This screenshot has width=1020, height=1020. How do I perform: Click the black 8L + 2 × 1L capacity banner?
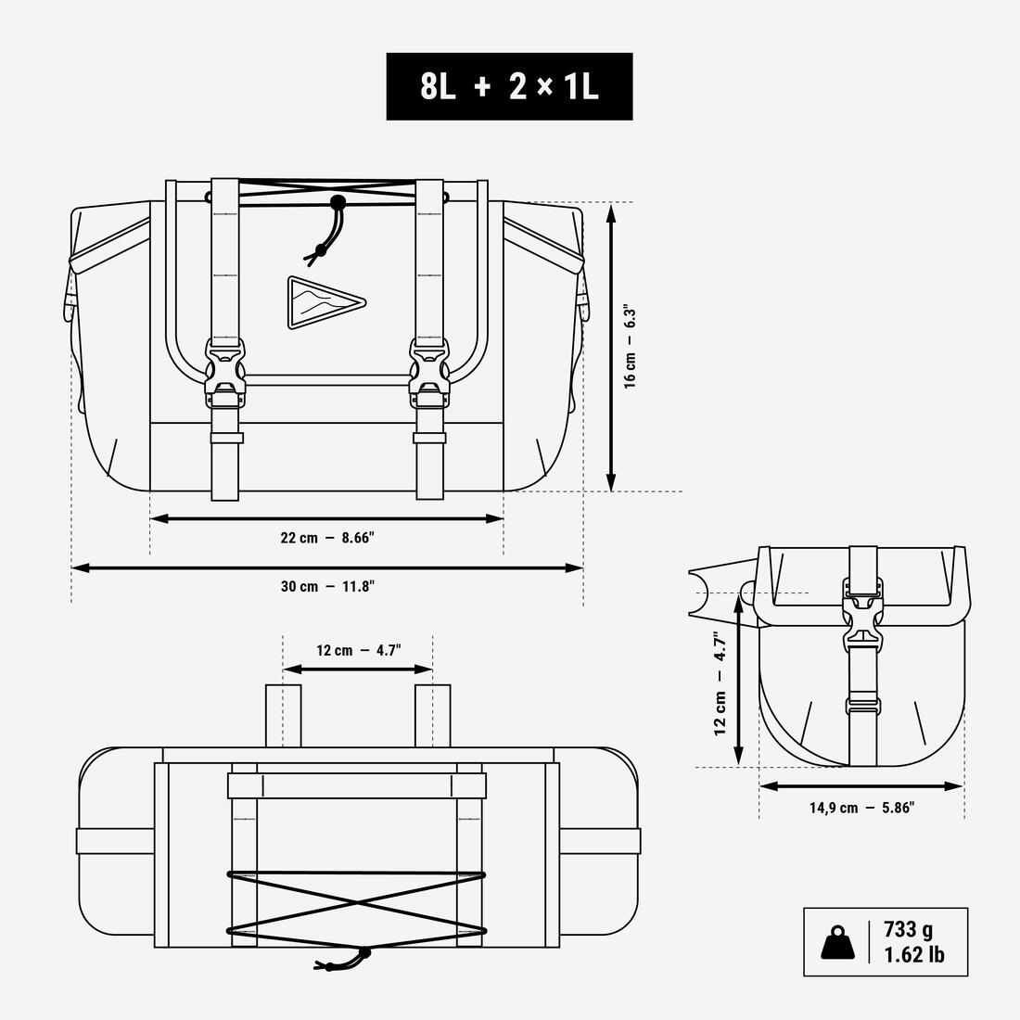[509, 86]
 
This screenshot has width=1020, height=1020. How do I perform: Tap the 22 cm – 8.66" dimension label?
[328, 538]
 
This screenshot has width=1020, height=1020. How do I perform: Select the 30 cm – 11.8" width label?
[328, 586]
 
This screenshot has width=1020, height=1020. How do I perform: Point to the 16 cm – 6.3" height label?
[630, 346]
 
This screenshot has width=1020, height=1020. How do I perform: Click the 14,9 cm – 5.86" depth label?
[862, 808]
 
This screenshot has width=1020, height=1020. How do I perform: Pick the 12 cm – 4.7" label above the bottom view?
[359, 651]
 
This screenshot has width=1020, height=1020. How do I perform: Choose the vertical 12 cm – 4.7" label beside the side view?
[720, 683]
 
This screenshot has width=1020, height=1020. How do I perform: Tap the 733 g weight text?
[908, 929]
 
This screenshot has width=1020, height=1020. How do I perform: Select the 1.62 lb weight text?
[914, 954]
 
